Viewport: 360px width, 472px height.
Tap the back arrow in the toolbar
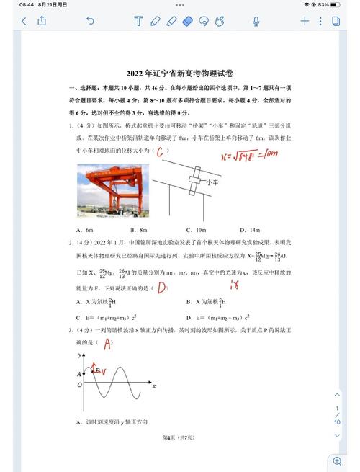24,22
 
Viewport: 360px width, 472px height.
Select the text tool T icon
138,22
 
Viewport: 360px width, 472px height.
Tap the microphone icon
256,22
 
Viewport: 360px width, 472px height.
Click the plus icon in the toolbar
305,22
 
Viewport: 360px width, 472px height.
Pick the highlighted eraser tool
189,22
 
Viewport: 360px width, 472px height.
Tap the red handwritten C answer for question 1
162,151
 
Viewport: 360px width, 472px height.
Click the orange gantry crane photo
112,190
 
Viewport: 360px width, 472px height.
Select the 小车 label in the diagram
212,182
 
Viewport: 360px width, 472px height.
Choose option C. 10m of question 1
196,229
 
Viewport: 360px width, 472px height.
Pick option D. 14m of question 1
250,229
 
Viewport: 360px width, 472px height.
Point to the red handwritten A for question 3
107,344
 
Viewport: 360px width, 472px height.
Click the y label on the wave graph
79,356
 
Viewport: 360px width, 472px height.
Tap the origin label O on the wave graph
79,385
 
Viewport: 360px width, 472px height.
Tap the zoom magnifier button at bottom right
337,461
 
